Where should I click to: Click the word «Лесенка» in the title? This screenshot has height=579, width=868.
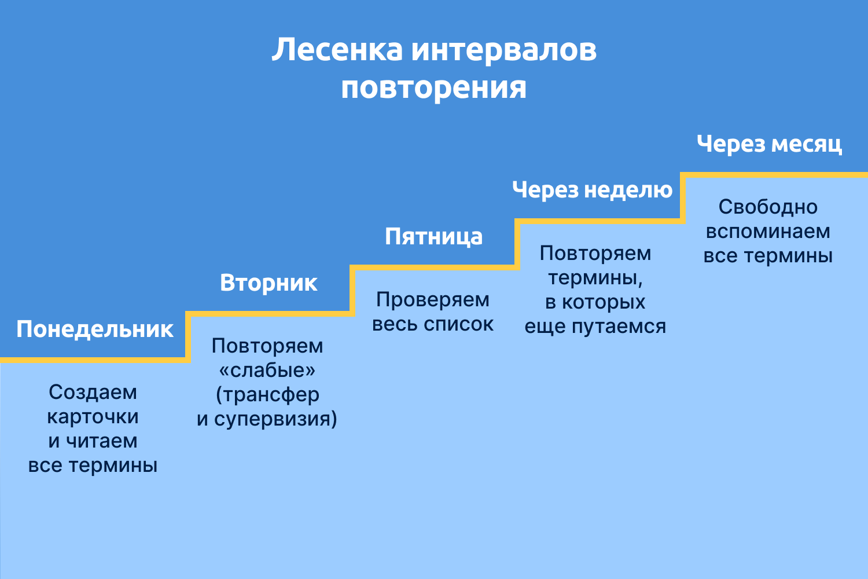click(337, 50)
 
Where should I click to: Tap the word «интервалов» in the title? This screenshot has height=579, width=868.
click(504, 50)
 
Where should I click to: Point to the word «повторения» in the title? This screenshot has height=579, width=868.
click(434, 88)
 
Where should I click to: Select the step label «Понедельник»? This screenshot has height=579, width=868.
click(95, 329)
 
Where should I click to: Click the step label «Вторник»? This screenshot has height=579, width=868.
click(269, 283)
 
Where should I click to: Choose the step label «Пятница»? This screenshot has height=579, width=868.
click(434, 237)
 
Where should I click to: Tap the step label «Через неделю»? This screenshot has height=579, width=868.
click(593, 190)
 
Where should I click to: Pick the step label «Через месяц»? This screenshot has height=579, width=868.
click(769, 144)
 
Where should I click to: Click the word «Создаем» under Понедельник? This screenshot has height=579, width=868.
click(93, 393)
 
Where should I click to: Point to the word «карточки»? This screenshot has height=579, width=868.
click(93, 417)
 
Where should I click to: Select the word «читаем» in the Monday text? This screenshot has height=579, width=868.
click(101, 441)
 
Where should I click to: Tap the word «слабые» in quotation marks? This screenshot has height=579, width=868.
click(267, 371)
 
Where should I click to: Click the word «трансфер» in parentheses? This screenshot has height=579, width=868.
click(271, 395)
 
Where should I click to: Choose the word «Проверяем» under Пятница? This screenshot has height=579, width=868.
click(433, 300)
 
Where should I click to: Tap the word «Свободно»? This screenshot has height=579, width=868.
click(768, 207)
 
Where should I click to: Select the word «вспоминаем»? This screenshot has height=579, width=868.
click(768, 232)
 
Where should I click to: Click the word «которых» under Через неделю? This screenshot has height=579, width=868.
click(604, 302)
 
